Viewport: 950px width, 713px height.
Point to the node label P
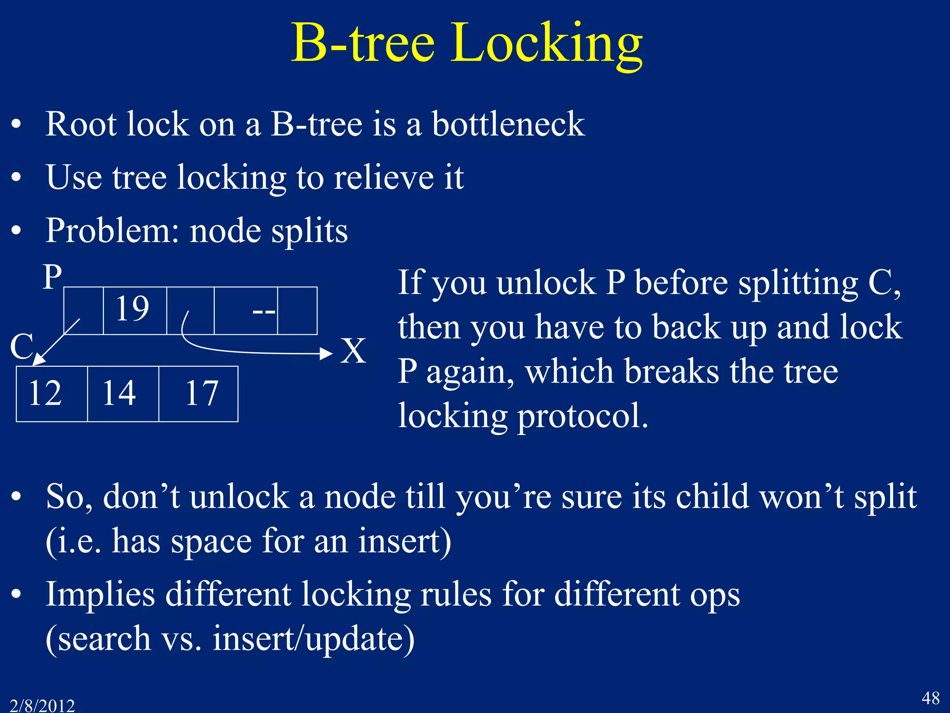point(52,277)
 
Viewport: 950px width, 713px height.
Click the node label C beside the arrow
point(21,346)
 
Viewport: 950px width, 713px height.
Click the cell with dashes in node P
point(246,311)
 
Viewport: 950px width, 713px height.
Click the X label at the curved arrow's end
point(353,351)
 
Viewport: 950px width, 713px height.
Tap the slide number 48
point(930,698)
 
